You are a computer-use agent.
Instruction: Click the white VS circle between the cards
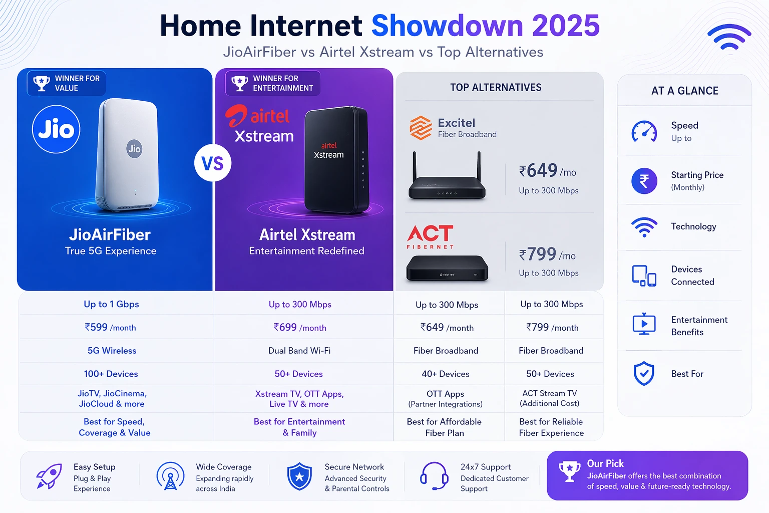pyautogui.click(x=213, y=163)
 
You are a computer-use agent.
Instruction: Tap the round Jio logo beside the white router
pyautogui.click(x=56, y=129)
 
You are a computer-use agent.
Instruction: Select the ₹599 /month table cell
pyautogui.click(x=110, y=327)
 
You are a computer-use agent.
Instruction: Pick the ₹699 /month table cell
pyautogui.click(x=300, y=327)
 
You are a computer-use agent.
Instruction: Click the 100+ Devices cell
pyautogui.click(x=111, y=374)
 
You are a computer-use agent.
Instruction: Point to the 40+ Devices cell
pyautogui.click(x=445, y=374)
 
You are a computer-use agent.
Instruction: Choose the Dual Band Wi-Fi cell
pyautogui.click(x=299, y=351)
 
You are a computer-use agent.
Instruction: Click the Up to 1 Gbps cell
pyautogui.click(x=111, y=304)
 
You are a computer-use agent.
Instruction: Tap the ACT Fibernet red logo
pyautogui.click(x=430, y=237)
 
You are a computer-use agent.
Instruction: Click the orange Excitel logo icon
pyautogui.click(x=421, y=127)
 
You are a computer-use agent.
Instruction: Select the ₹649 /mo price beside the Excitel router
pyautogui.click(x=547, y=170)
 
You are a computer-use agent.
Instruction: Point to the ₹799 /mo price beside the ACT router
pyautogui.click(x=547, y=254)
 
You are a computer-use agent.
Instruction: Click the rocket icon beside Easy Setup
pyautogui.click(x=49, y=476)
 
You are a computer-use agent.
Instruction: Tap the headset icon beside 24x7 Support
pyautogui.click(x=434, y=476)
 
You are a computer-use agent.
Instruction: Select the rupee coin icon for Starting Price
pyautogui.click(x=644, y=181)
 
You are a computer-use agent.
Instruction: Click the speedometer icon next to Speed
pyautogui.click(x=644, y=131)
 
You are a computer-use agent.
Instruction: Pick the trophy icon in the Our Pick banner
pyautogui.click(x=569, y=471)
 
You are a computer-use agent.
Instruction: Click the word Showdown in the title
pyautogui.click(x=447, y=26)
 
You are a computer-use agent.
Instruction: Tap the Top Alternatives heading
pyautogui.click(x=496, y=87)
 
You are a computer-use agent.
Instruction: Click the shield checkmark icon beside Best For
pyautogui.click(x=644, y=374)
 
